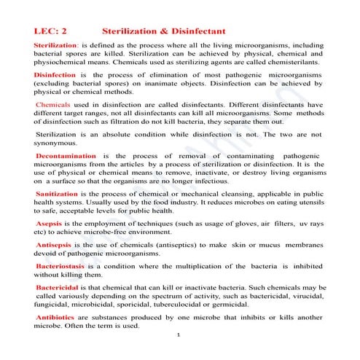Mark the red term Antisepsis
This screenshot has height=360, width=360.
coord(56,246)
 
